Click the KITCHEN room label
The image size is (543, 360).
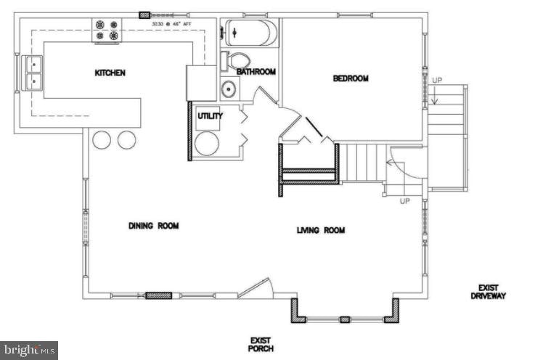pos(110,73)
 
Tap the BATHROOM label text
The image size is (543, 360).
pos(256,72)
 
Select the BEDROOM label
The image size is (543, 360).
pos(351,78)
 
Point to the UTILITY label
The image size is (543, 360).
pos(210,115)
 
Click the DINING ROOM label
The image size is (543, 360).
pos(153,226)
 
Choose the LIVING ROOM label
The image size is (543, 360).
pos(320,230)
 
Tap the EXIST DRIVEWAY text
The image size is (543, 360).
pos(488,292)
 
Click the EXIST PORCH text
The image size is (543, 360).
pos(261,344)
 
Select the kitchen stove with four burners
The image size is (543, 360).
pos(107,30)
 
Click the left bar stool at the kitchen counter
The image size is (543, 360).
pos(102,139)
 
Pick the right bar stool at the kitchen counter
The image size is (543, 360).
pos(127,139)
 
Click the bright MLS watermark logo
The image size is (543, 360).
pos(29,351)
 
